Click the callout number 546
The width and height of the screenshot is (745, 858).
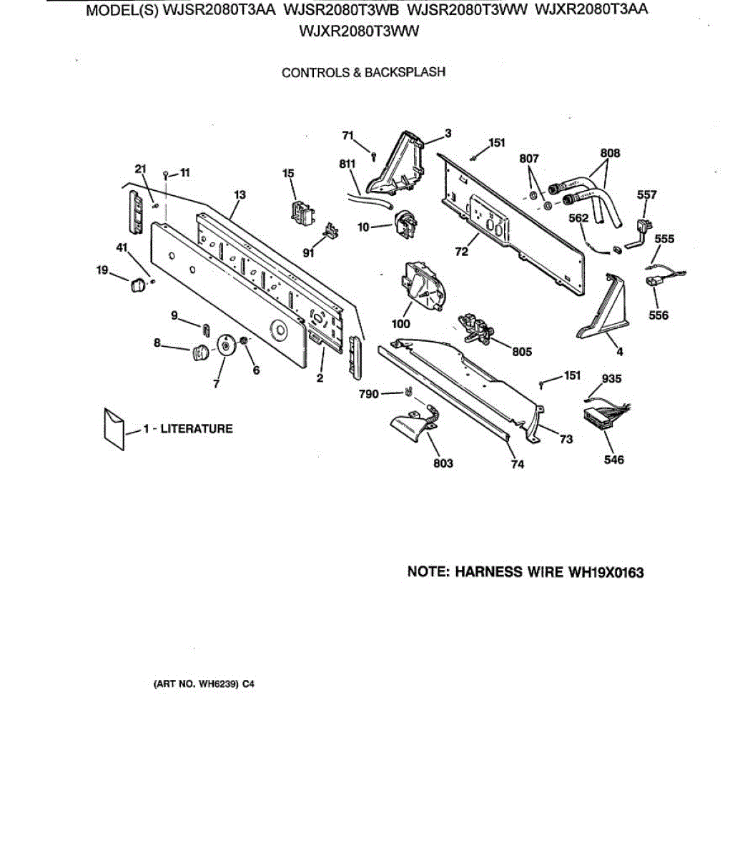pyautogui.click(x=613, y=460)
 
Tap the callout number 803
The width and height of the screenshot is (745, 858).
pyautogui.click(x=443, y=463)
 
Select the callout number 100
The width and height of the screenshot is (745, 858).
pyautogui.click(x=402, y=323)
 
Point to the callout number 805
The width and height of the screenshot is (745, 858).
pyautogui.click(x=522, y=351)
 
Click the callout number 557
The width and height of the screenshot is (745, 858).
pyautogui.click(x=646, y=194)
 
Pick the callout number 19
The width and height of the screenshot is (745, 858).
pyautogui.click(x=103, y=270)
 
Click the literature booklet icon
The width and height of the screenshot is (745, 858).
pyautogui.click(x=114, y=428)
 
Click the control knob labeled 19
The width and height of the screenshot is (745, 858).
pyautogui.click(x=136, y=285)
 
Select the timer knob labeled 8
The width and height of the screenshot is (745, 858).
pyautogui.click(x=199, y=352)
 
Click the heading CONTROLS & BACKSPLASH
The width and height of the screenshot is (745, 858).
pyautogui.click(x=363, y=72)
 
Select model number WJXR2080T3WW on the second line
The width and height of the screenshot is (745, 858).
pyautogui.click(x=360, y=31)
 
